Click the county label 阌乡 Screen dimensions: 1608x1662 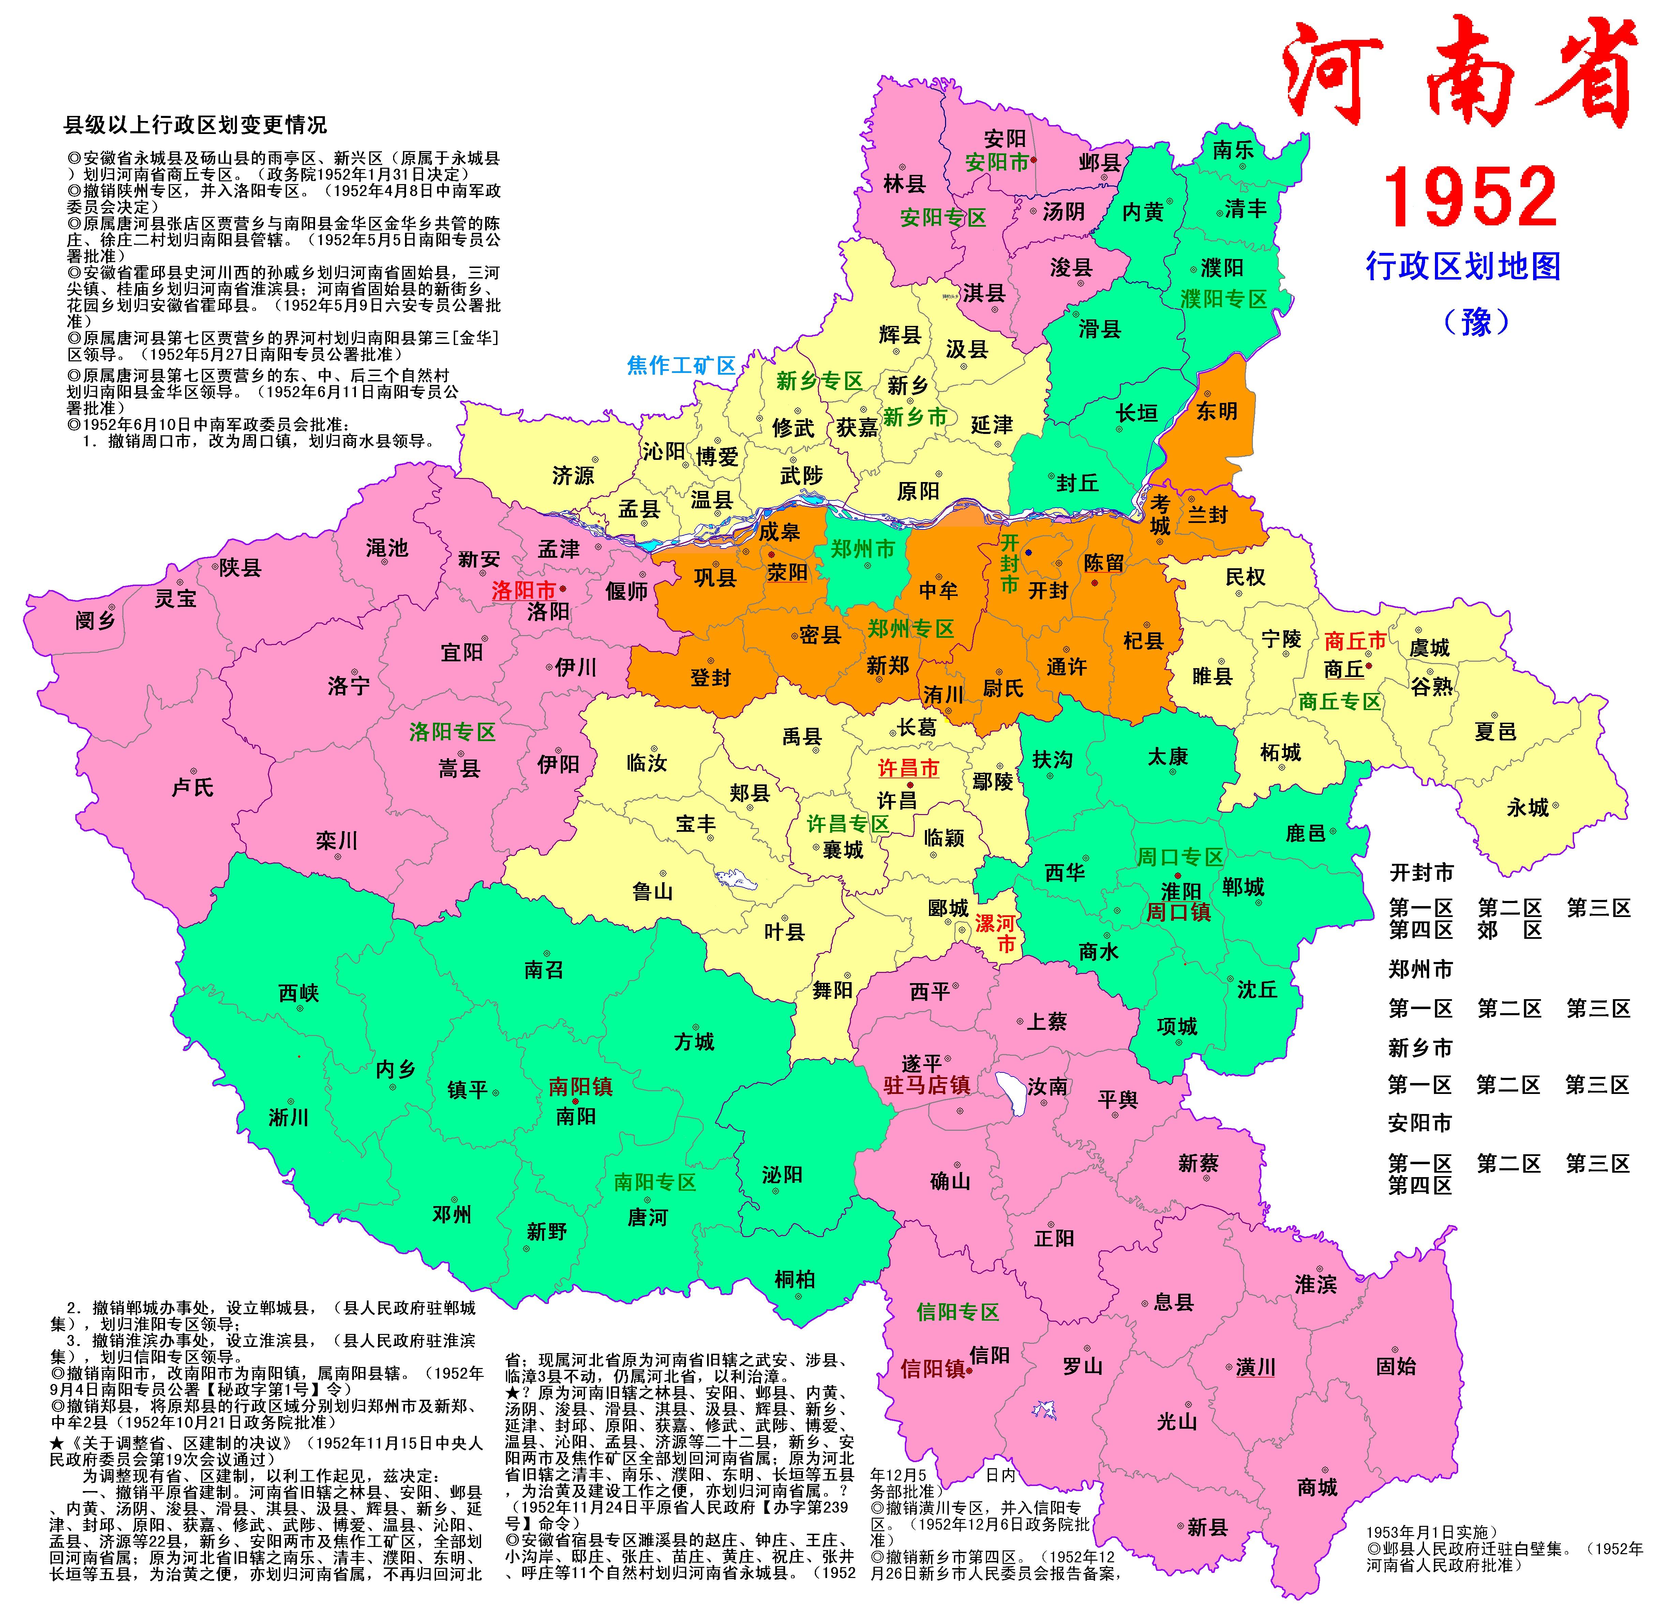(x=95, y=621)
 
